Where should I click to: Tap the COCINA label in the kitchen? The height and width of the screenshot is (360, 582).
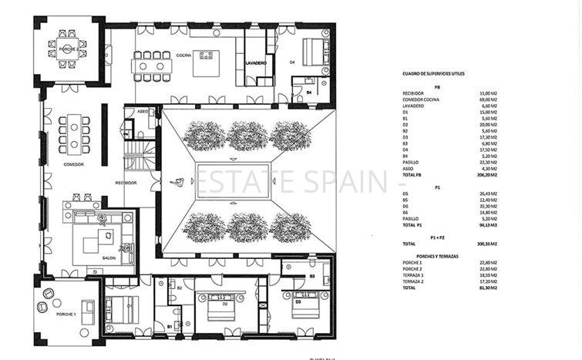pos(183,55)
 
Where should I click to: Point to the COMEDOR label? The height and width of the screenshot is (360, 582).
pos(73,164)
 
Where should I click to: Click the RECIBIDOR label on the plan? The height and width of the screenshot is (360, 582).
pos(126,183)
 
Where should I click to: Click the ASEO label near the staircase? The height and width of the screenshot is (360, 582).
pos(142,112)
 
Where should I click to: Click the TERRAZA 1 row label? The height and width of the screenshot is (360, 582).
pos(413,275)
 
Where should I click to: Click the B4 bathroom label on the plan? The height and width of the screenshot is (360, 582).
pos(308,92)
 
